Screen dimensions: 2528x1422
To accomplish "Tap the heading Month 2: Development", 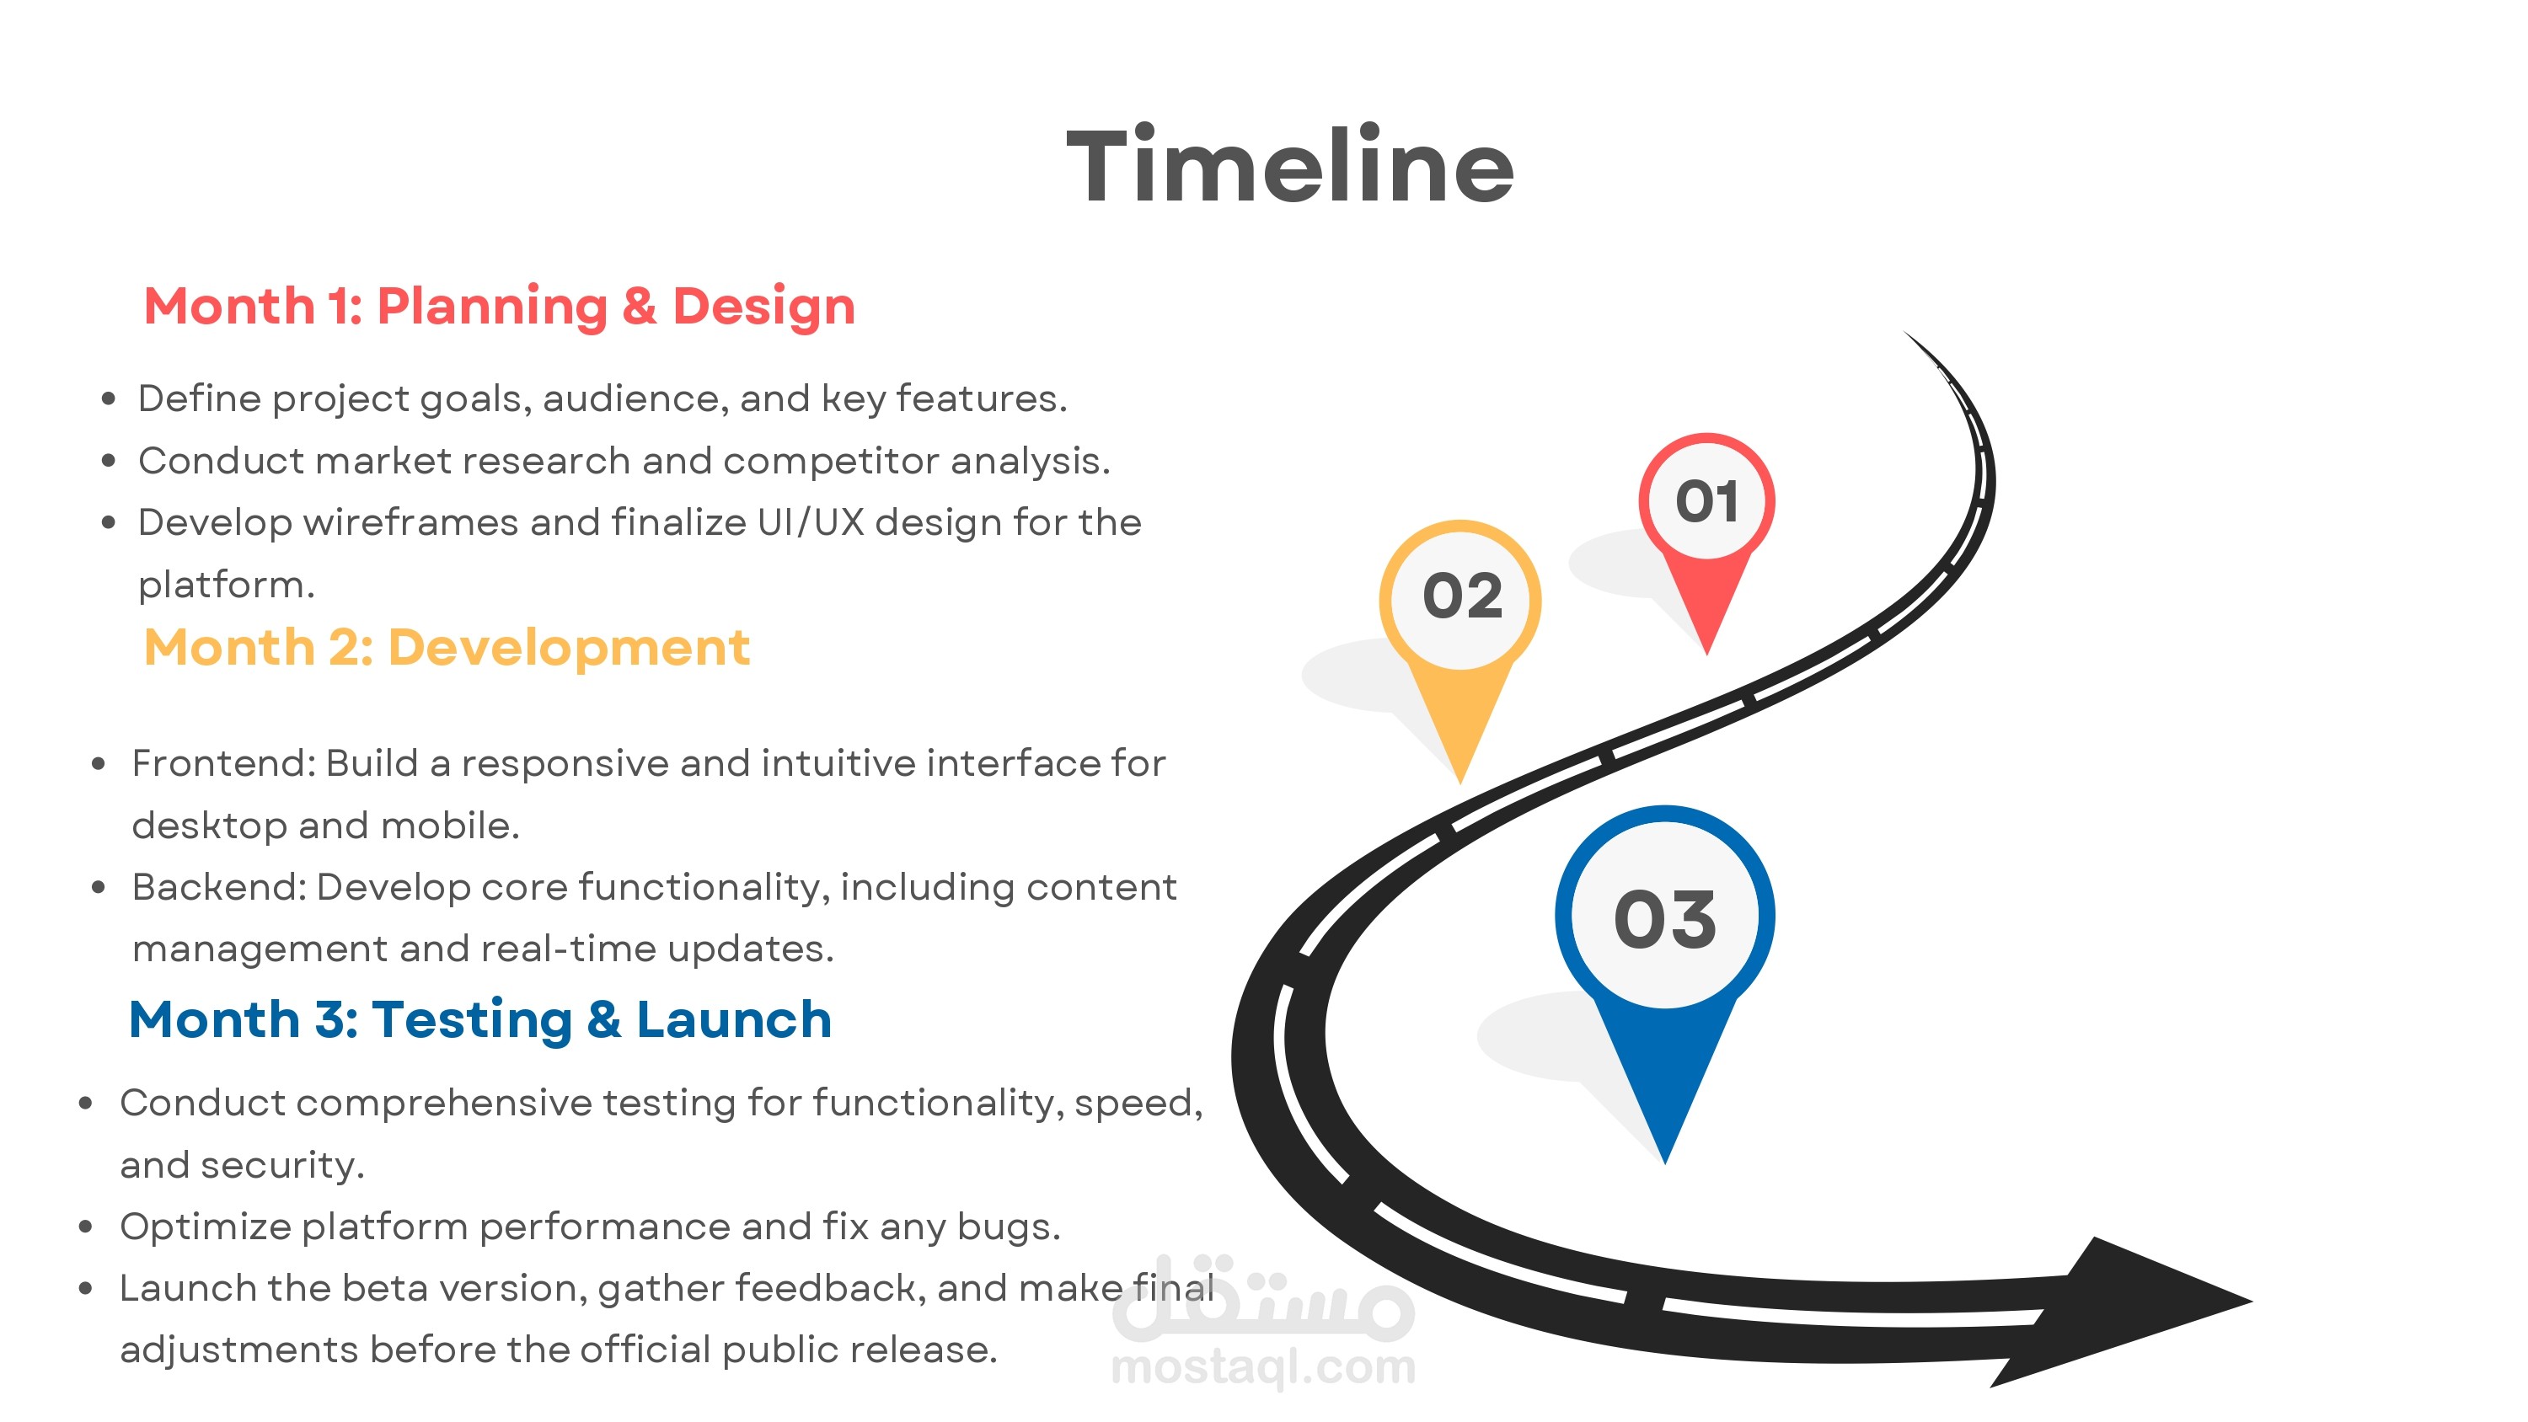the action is [x=447, y=648].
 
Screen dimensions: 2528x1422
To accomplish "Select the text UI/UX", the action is [x=811, y=523].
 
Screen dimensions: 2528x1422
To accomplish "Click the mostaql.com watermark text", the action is [x=1263, y=1367].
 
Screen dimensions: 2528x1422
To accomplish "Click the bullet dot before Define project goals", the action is [x=108, y=399].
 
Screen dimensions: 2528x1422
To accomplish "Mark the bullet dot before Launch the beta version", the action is [x=85, y=1289].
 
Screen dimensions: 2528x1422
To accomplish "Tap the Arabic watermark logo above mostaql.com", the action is [x=1263, y=1297].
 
